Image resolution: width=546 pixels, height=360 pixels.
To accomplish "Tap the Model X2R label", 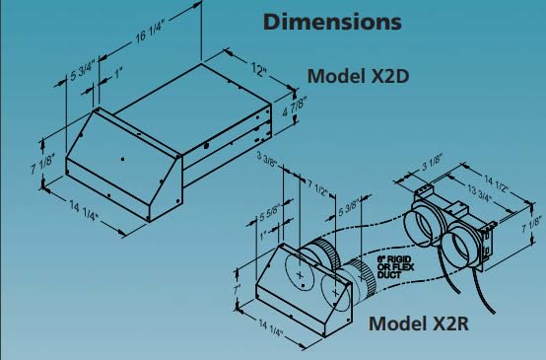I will pos(417,323).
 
